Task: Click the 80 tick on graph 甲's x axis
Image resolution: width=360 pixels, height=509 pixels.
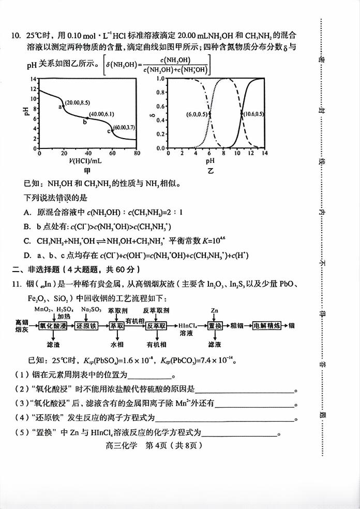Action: coord(137,154)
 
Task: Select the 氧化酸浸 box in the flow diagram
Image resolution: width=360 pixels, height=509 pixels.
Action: coord(53,326)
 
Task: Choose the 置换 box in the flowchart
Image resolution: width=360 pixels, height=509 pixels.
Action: coord(215,326)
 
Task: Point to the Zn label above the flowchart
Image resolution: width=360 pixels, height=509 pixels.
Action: coord(215,309)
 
